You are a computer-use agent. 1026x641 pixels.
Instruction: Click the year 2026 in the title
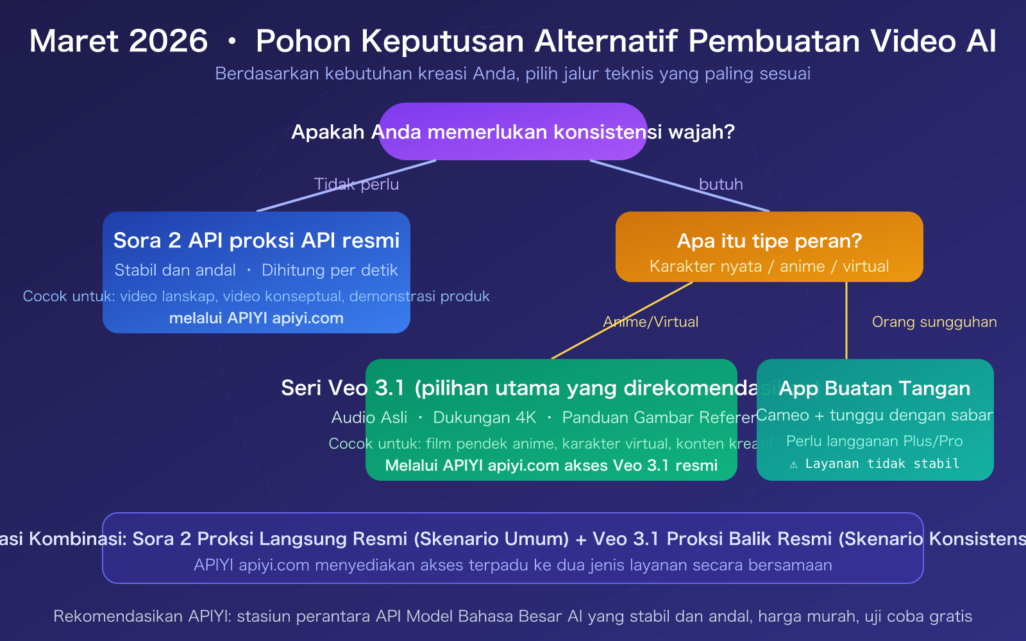[x=168, y=42]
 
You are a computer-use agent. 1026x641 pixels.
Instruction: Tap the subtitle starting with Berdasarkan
[x=512, y=74]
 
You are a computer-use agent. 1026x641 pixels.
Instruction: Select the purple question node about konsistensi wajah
[x=512, y=132]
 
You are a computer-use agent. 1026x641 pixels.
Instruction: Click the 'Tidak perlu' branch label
[x=357, y=185]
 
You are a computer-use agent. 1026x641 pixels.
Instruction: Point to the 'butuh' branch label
[x=721, y=185]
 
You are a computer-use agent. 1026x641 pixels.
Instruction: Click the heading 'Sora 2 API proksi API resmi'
[x=256, y=240]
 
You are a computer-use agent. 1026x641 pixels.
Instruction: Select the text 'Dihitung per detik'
[x=330, y=271]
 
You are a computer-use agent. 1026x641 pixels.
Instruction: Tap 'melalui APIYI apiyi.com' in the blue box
[x=256, y=319]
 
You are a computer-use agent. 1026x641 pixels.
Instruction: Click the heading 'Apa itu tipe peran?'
[x=769, y=241]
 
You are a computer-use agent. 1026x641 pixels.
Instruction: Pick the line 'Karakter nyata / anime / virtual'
[x=769, y=267]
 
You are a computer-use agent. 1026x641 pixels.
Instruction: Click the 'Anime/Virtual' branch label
[x=651, y=322]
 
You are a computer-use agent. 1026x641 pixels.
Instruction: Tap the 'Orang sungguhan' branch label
[x=934, y=322]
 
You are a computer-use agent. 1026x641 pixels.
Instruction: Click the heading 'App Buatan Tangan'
[x=874, y=388]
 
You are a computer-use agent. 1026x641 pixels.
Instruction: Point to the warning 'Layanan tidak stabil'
[x=882, y=464]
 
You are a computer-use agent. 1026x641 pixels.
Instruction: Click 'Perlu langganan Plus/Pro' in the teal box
[x=874, y=442]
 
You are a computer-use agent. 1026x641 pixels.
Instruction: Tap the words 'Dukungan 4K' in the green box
[x=484, y=418]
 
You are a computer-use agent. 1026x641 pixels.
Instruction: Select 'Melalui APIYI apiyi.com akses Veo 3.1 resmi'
[x=551, y=466]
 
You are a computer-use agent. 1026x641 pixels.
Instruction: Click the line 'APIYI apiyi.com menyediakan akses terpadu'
[x=512, y=565]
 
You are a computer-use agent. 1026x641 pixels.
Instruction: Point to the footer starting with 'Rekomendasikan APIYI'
[x=512, y=617]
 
